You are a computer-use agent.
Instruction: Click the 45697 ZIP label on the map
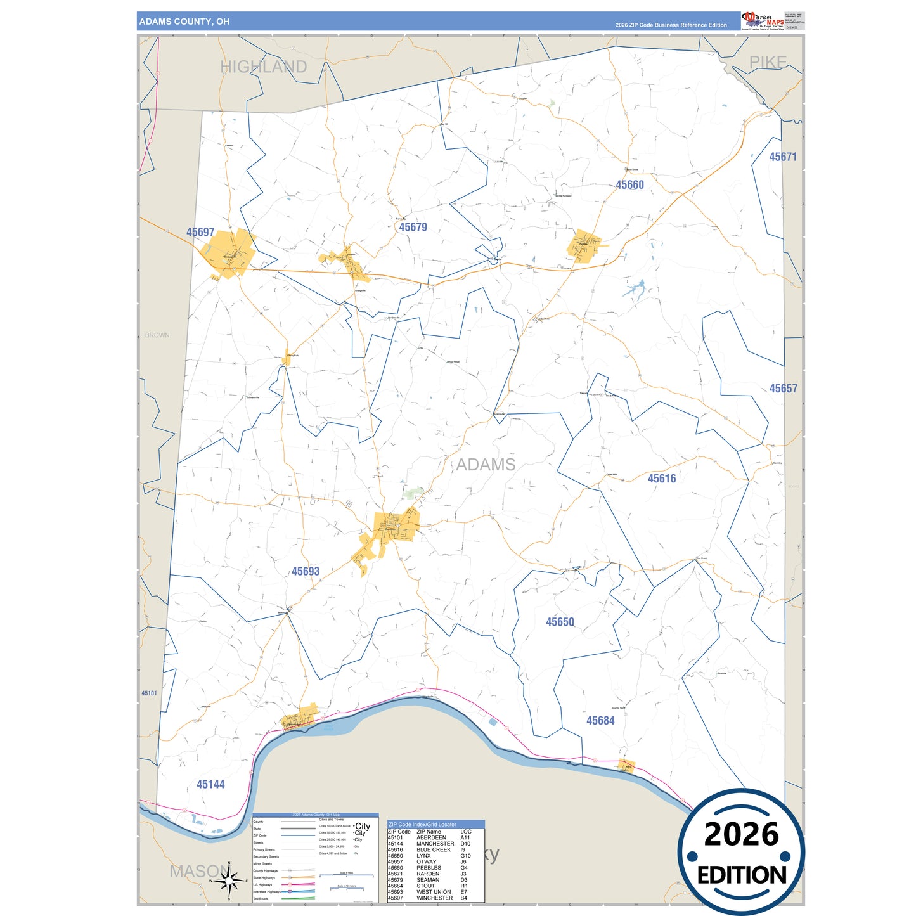point(200,233)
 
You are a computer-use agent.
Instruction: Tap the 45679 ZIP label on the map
point(413,227)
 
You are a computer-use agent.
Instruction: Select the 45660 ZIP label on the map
point(629,185)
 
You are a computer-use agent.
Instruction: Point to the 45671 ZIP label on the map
point(783,157)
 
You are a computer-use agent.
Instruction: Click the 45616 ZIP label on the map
point(661,479)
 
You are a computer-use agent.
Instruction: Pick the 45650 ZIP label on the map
point(560,622)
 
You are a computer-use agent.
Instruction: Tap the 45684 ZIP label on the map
point(600,721)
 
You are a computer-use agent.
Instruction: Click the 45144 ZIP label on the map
point(210,784)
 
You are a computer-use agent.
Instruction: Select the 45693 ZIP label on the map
point(305,571)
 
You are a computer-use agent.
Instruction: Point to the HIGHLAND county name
point(263,67)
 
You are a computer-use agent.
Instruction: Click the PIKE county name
point(768,62)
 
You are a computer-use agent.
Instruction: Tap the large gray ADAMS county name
point(486,465)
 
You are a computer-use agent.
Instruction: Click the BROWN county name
point(157,335)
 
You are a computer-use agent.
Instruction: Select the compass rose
point(228,881)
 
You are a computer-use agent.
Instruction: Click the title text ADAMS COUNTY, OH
point(184,22)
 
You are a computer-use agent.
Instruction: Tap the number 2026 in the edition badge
point(741,834)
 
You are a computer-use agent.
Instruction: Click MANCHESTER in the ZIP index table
point(435,844)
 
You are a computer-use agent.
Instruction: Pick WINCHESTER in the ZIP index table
point(434,898)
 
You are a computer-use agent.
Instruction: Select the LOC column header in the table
point(466,832)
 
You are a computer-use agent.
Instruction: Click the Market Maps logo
point(763,21)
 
